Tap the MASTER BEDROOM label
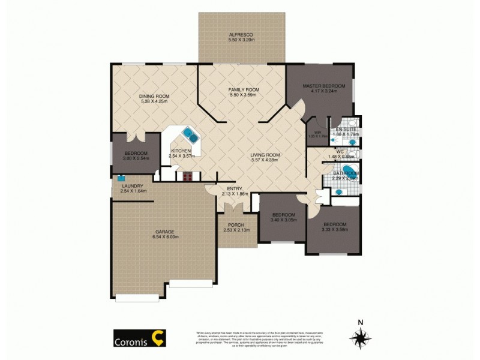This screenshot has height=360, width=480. pos(320,85)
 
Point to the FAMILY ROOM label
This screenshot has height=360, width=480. pos(243,89)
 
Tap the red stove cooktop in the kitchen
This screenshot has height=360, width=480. pos(187,176)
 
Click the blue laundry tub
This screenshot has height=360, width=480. pos(121,178)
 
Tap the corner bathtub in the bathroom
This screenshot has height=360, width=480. pos(348,171)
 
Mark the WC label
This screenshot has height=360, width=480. pos(339,151)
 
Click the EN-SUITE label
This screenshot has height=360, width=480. pos(347,129)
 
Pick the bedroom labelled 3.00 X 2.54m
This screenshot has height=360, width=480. pos(134,155)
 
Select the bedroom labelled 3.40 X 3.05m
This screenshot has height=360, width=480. pos(283,217)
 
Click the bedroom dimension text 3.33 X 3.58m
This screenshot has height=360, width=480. pos(334,229)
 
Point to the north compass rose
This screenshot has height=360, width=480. pos(360,339)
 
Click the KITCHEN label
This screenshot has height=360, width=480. pos(181,151)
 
